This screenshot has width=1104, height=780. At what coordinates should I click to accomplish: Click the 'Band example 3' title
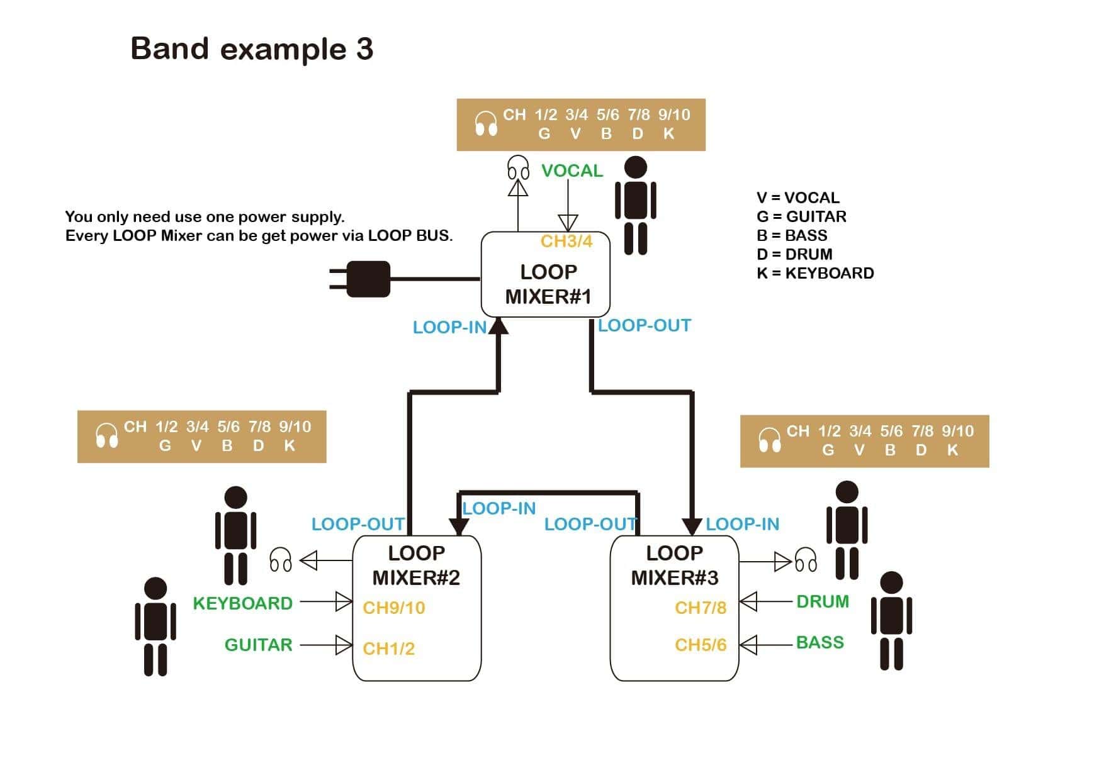252,49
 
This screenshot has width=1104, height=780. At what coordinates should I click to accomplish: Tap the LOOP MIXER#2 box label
416,565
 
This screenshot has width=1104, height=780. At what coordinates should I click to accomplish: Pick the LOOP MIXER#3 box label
674,565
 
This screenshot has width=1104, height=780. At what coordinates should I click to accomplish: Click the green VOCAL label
572,171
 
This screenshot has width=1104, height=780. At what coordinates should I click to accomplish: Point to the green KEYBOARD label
242,603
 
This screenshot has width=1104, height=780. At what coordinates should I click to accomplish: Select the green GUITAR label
258,645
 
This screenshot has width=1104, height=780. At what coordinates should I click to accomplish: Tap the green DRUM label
822,601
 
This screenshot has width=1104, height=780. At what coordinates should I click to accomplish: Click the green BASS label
820,642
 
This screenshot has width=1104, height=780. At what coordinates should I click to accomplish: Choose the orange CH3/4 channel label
566,242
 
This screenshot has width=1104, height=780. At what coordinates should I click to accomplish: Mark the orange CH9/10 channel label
393,608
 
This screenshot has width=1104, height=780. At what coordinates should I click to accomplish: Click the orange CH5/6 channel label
700,645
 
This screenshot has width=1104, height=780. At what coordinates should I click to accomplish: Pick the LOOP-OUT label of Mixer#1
644,326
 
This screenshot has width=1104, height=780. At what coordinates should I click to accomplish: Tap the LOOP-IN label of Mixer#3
742,524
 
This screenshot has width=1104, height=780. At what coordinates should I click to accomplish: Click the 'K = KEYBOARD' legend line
814,273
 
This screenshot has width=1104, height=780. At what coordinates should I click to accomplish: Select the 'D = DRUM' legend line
794,254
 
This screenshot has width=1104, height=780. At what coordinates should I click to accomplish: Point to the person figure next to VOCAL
635,205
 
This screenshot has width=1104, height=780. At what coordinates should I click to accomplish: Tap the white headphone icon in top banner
485,124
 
